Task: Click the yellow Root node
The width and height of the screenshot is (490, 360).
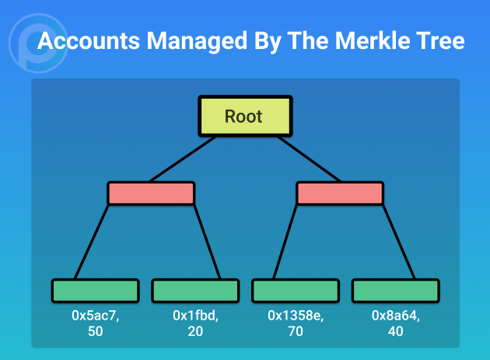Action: [x=245, y=116]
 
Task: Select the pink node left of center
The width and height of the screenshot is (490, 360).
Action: [x=151, y=193]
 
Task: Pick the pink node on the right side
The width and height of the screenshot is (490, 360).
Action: [x=340, y=193]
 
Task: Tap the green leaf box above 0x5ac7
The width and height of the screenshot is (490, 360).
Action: [x=96, y=291]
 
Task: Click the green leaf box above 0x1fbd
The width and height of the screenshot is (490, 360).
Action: [x=196, y=291]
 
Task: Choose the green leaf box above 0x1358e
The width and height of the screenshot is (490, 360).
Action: [x=296, y=291]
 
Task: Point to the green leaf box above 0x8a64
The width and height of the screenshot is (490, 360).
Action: [x=396, y=291]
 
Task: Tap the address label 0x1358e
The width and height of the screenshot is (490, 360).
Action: [x=296, y=316]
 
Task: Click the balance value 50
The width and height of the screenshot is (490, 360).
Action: [x=96, y=331]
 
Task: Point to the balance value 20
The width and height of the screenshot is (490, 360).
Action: [x=195, y=331]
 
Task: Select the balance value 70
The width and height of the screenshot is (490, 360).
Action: [x=296, y=331]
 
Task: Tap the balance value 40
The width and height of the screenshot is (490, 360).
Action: [x=396, y=331]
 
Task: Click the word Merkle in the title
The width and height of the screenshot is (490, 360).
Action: [x=369, y=41]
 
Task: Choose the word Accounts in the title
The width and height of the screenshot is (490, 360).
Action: [x=89, y=41]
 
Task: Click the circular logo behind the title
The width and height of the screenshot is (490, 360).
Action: [x=38, y=43]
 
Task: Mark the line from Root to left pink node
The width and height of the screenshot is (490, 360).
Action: [x=183, y=159]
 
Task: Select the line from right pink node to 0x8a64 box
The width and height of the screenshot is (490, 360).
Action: [x=399, y=242]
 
